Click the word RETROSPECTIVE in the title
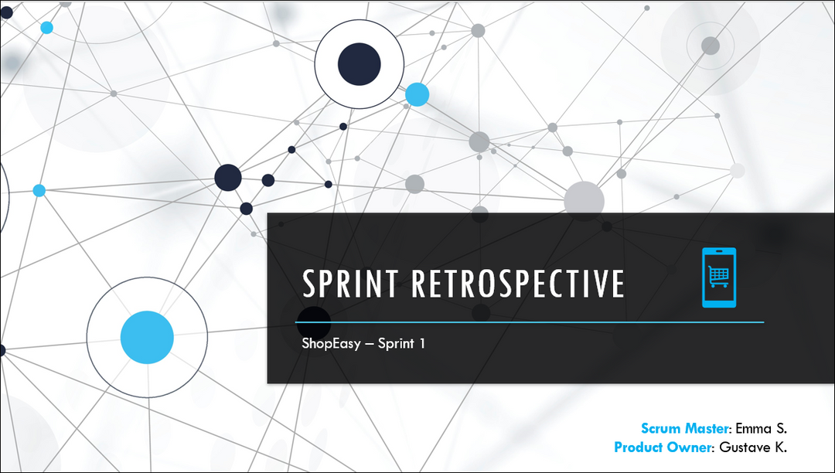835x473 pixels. pyautogui.click(x=518, y=283)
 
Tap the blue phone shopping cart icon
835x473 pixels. pyautogui.click(x=719, y=277)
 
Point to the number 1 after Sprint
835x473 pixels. pyautogui.click(x=422, y=343)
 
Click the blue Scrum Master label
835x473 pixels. pyautogui.click(x=684, y=428)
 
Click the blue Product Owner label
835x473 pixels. pyautogui.click(x=663, y=447)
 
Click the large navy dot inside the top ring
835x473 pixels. pyautogui.click(x=359, y=64)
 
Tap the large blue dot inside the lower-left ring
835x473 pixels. pyautogui.click(x=147, y=337)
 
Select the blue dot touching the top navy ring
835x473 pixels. pyautogui.click(x=417, y=95)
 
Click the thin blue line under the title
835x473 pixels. pyautogui.click(x=530, y=322)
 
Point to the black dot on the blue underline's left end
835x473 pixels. pyautogui.click(x=314, y=322)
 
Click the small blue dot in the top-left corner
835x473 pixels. pyautogui.click(x=47, y=28)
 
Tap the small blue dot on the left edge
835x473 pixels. pyautogui.click(x=39, y=190)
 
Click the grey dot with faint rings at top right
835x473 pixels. pyautogui.click(x=711, y=46)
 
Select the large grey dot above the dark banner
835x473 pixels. pyautogui.click(x=584, y=201)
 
